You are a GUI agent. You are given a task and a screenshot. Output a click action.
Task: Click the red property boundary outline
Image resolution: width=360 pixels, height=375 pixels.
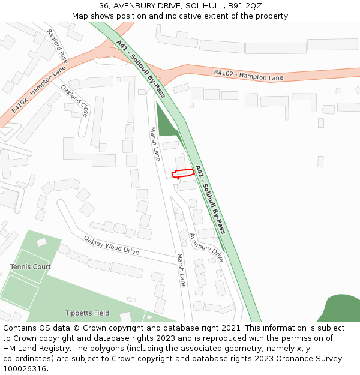[x=184, y=173]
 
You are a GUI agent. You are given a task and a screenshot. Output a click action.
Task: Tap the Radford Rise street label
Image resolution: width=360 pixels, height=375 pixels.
[x=57, y=46]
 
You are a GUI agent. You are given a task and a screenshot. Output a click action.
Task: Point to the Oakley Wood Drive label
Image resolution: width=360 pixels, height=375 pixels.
[x=111, y=245]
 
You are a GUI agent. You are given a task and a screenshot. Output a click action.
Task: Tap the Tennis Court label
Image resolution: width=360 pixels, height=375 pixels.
[x=31, y=266]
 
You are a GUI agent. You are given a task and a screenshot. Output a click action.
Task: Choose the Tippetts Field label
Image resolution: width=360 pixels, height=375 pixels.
[x=88, y=313]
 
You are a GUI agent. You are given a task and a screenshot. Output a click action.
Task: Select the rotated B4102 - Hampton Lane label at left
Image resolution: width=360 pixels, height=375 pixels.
[x=39, y=89]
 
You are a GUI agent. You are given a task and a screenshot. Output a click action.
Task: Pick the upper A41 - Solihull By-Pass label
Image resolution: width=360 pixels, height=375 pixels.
[x=141, y=69]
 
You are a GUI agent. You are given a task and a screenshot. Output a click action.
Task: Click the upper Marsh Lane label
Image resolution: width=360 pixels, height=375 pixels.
[x=155, y=144]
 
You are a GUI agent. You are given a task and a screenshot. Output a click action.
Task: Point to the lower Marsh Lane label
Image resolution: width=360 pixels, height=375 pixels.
[x=181, y=270]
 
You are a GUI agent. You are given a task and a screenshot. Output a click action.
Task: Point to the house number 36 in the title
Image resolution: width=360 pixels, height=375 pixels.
[x=104, y=6]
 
